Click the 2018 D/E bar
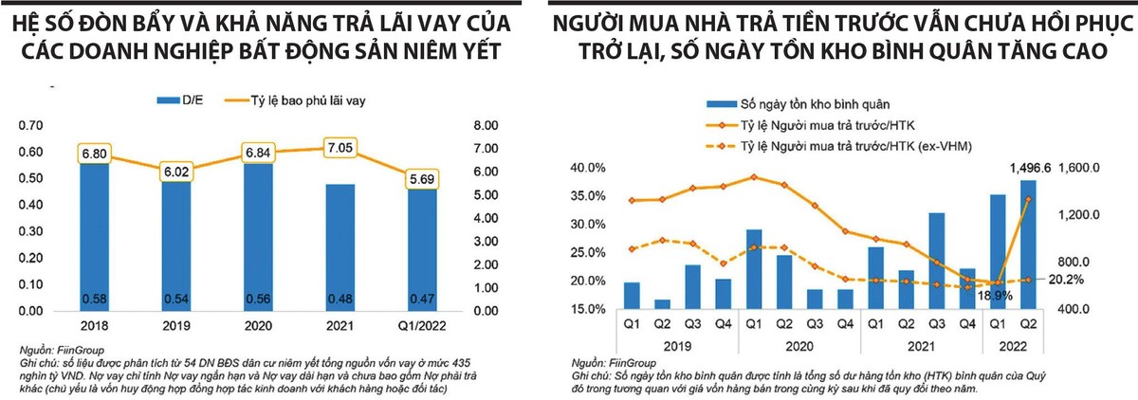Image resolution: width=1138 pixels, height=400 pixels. coord(93,237)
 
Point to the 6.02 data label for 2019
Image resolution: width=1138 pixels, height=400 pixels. coord(174,172)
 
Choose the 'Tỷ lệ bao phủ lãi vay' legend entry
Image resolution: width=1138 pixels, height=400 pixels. coord(286,99)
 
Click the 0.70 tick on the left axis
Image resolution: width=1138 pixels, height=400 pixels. coord(31,125)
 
